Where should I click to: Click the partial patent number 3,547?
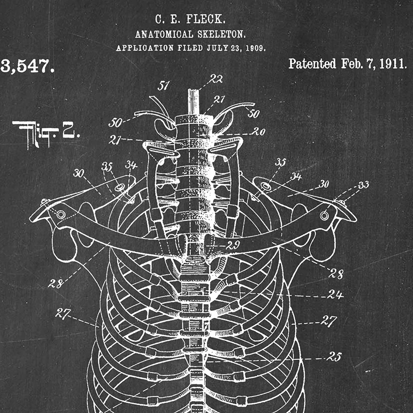coord(27,66)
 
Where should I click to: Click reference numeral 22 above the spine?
coord(216,79)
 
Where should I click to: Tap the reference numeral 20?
coord(258,131)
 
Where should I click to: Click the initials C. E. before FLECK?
coord(165,20)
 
